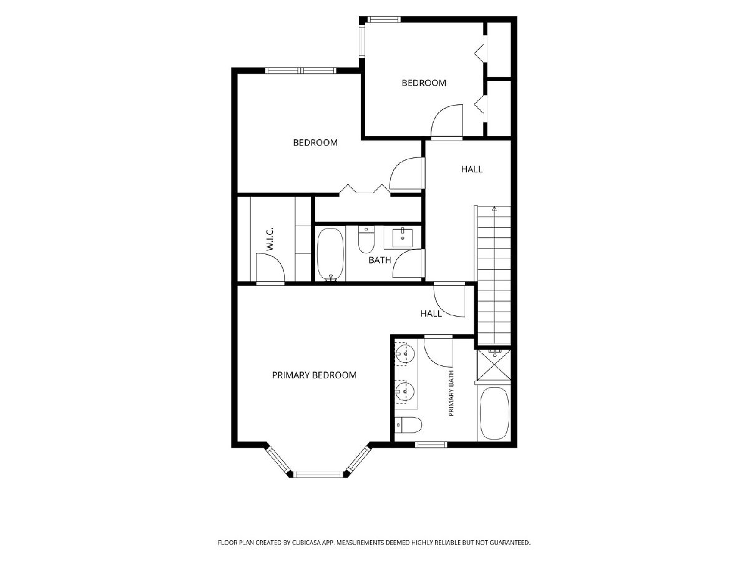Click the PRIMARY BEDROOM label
coord(314,375)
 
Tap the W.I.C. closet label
coord(270,239)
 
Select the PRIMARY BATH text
coord(451,393)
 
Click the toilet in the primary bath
coord(408,425)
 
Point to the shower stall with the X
coord(494,364)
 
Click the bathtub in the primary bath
coord(494,413)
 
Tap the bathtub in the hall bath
coord(330,254)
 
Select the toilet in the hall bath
coord(366,240)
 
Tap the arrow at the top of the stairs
coord(494,209)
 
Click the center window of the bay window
coord(319,474)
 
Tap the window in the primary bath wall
coord(431,445)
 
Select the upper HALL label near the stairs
coord(472,169)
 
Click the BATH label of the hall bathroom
coord(379,260)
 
